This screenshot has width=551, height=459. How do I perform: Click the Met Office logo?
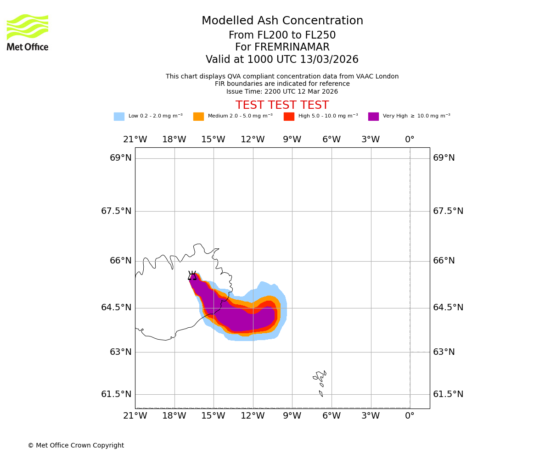coord(28,32)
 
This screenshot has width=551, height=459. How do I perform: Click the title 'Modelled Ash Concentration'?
coord(282,21)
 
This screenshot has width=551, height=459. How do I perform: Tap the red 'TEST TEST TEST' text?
coord(282,106)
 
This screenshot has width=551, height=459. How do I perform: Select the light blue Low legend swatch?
coord(119,117)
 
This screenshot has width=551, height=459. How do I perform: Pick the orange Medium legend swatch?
coord(198,117)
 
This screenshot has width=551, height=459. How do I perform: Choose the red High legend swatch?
coord(289,117)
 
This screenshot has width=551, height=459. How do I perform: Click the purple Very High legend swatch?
coord(373,117)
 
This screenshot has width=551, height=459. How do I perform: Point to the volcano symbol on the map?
coord(192,275)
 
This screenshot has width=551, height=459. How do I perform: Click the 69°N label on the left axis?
coord(121,158)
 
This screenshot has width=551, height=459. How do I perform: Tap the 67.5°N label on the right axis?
coord(448,211)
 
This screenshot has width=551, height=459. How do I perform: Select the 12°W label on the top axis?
coord(253,140)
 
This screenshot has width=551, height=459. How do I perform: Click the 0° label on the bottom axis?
coord(410,416)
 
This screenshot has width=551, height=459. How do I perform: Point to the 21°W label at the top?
coord(135,140)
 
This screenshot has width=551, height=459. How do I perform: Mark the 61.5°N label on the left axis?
coord(116,394)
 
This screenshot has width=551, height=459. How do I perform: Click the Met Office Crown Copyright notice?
coord(76,446)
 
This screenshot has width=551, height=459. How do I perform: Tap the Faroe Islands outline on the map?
coord(320,379)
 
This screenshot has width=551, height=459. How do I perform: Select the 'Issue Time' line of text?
coord(282,92)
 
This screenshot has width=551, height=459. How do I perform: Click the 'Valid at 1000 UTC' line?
coord(282,60)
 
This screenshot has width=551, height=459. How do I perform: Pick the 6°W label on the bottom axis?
coord(331,416)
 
